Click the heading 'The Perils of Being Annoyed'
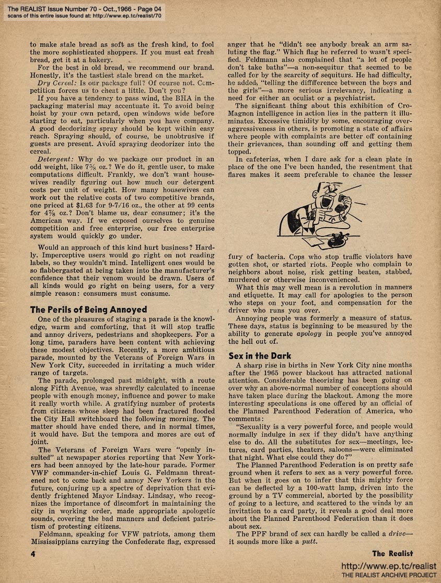click(88, 310)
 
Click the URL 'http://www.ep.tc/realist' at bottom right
click(389, 567)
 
